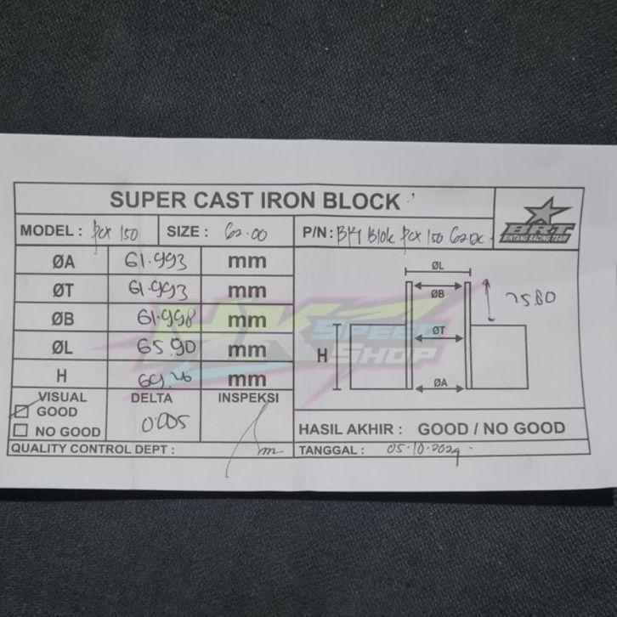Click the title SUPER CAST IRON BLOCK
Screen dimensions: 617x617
255,201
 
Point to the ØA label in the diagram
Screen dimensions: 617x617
439,382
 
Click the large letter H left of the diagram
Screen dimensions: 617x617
322,358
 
